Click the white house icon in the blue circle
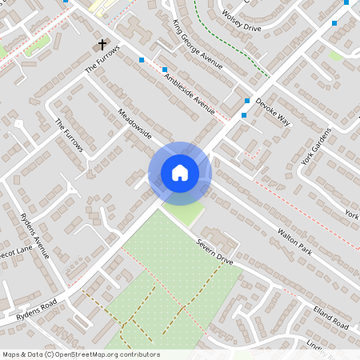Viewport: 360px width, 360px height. (179, 173)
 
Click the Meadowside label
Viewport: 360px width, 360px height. (134, 123)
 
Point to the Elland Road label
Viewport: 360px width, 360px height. (331, 318)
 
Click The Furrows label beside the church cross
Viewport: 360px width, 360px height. (102, 60)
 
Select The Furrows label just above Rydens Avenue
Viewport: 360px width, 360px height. (69, 137)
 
